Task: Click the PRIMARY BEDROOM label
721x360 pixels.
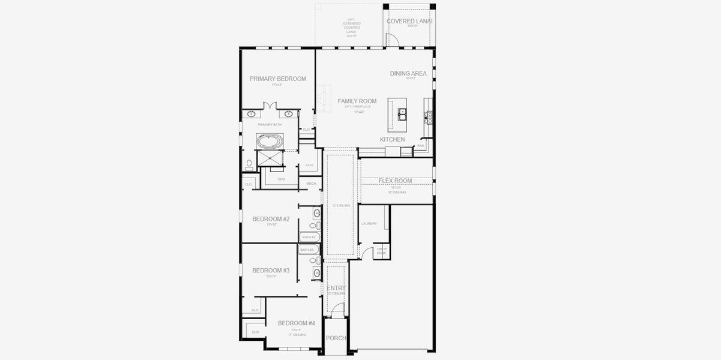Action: [x=277, y=79]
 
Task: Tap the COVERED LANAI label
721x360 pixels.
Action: [x=409, y=21]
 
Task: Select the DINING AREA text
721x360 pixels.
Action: [x=408, y=73]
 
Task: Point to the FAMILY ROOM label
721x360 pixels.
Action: [x=357, y=101]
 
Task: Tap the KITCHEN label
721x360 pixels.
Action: [x=392, y=139]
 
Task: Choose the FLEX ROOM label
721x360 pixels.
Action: [x=394, y=181]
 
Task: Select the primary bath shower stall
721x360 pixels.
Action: [x=270, y=159]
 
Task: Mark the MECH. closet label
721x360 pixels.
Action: [x=311, y=184]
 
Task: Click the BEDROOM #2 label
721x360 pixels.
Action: [x=271, y=219]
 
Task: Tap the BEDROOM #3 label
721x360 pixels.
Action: [x=271, y=271]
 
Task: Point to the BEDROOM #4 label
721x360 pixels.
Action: [x=296, y=323]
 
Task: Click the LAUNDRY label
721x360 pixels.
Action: [x=369, y=223]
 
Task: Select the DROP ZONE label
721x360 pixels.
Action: [x=381, y=252]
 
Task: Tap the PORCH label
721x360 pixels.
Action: [x=336, y=338]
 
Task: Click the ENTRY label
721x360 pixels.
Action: [x=336, y=288]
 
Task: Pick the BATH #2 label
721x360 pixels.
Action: [x=309, y=237]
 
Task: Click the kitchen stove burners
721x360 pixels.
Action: [x=429, y=116]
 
